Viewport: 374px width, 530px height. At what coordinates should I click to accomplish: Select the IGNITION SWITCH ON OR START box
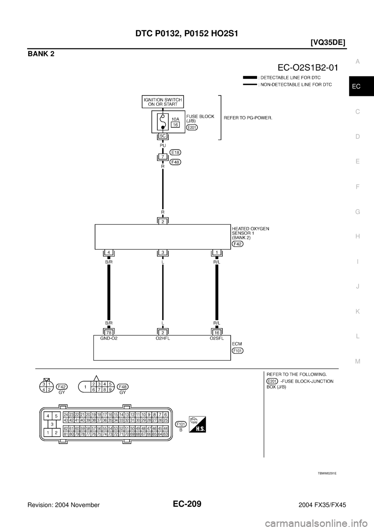(162, 102)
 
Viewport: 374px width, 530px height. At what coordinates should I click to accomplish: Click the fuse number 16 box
(176, 124)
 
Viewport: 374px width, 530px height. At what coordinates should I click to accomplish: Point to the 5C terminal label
(162, 136)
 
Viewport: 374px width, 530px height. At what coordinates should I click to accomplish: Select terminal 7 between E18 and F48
(162, 157)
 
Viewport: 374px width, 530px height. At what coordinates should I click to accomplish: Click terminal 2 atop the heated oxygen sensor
(162, 221)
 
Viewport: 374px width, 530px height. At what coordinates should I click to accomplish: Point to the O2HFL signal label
(162, 339)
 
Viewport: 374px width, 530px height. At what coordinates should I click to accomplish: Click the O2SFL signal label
(216, 339)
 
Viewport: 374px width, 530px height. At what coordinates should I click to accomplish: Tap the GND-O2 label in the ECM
(109, 339)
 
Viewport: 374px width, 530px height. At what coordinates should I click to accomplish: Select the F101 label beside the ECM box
(238, 351)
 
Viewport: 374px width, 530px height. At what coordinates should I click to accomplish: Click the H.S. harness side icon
(198, 424)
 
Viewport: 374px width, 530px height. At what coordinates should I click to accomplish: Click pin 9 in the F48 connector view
(111, 389)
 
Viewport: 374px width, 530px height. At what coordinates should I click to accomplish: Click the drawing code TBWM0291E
(326, 473)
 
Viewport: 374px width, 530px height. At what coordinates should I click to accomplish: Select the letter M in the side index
(358, 361)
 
